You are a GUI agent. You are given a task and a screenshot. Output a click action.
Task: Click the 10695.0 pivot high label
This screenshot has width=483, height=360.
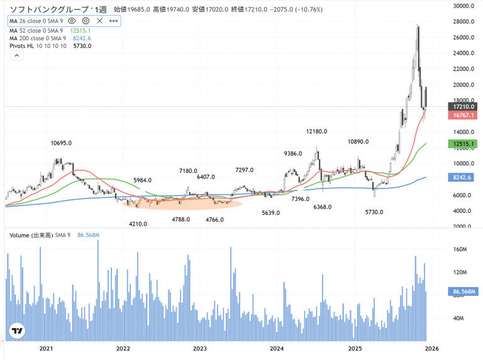61,144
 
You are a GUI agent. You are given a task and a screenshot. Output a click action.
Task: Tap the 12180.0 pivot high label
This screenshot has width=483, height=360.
317,132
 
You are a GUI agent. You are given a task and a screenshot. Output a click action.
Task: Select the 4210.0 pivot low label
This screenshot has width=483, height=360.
139,224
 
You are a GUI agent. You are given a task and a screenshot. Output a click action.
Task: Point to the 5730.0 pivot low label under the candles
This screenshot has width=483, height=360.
375,212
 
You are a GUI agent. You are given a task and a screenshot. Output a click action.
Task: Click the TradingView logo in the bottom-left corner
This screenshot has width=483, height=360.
18,331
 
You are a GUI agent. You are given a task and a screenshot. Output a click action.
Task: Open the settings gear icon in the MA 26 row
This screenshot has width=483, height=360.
86,21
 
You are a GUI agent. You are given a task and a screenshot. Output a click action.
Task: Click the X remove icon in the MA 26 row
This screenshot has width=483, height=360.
100,21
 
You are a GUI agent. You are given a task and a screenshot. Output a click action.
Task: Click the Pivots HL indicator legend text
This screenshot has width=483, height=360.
23,46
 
